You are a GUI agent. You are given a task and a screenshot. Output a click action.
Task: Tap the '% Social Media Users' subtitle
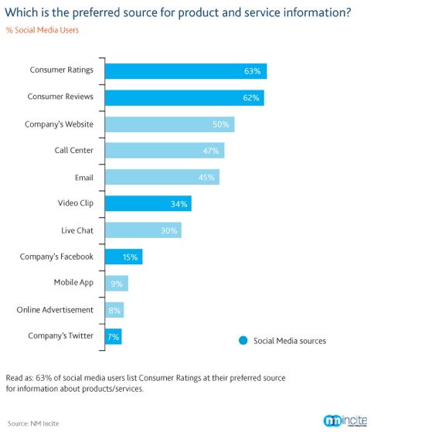click(x=42, y=30)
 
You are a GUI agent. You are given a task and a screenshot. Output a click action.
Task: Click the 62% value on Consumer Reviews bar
click(x=251, y=97)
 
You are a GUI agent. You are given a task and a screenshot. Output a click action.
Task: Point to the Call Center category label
click(x=73, y=151)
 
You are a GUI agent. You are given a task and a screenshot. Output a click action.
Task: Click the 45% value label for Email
click(x=207, y=177)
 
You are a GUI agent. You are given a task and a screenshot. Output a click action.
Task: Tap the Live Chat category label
click(x=77, y=230)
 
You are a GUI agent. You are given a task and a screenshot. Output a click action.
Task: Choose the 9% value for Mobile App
click(x=117, y=283)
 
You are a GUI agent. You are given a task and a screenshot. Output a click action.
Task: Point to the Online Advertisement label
click(x=55, y=310)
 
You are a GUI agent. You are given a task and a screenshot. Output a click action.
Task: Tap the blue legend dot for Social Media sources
click(x=243, y=340)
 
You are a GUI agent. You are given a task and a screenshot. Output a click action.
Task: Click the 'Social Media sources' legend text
click(x=290, y=340)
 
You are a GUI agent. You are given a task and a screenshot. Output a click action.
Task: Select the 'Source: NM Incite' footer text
click(x=32, y=423)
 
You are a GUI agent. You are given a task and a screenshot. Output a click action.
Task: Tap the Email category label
click(x=83, y=177)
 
